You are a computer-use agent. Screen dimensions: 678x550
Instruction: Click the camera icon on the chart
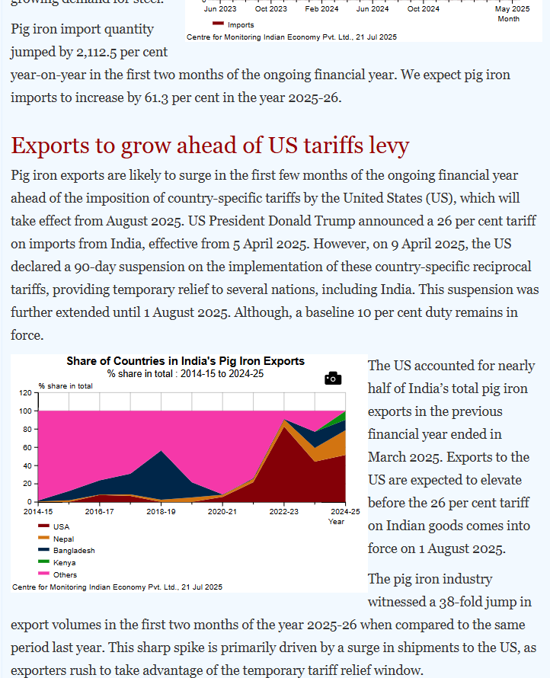tap(333, 378)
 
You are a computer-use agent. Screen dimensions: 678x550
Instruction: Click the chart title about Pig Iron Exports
tap(185, 361)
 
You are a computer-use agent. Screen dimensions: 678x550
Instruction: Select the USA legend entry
tap(61, 526)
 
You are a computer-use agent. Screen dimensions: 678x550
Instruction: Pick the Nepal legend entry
tap(63, 539)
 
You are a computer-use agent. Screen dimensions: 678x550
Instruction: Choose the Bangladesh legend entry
tap(74, 550)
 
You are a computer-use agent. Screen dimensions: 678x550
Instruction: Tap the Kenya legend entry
tap(63, 562)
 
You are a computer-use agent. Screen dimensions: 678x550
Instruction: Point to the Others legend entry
tap(65, 574)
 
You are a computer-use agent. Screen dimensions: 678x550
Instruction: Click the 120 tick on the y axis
tap(25, 393)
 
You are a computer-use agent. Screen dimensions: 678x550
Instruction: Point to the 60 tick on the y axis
tap(27, 447)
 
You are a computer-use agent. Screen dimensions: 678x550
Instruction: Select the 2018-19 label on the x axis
tap(161, 512)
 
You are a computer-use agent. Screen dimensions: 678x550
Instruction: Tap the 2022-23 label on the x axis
tap(284, 512)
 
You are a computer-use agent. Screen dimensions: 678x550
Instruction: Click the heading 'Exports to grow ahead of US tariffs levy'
tap(210, 145)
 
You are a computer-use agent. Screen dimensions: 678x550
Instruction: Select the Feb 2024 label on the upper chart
tap(321, 9)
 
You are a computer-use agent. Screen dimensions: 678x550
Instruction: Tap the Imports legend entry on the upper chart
tap(241, 25)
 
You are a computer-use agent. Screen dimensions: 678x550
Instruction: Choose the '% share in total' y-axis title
tap(66, 385)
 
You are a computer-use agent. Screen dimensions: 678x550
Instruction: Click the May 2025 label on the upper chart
tap(512, 9)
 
